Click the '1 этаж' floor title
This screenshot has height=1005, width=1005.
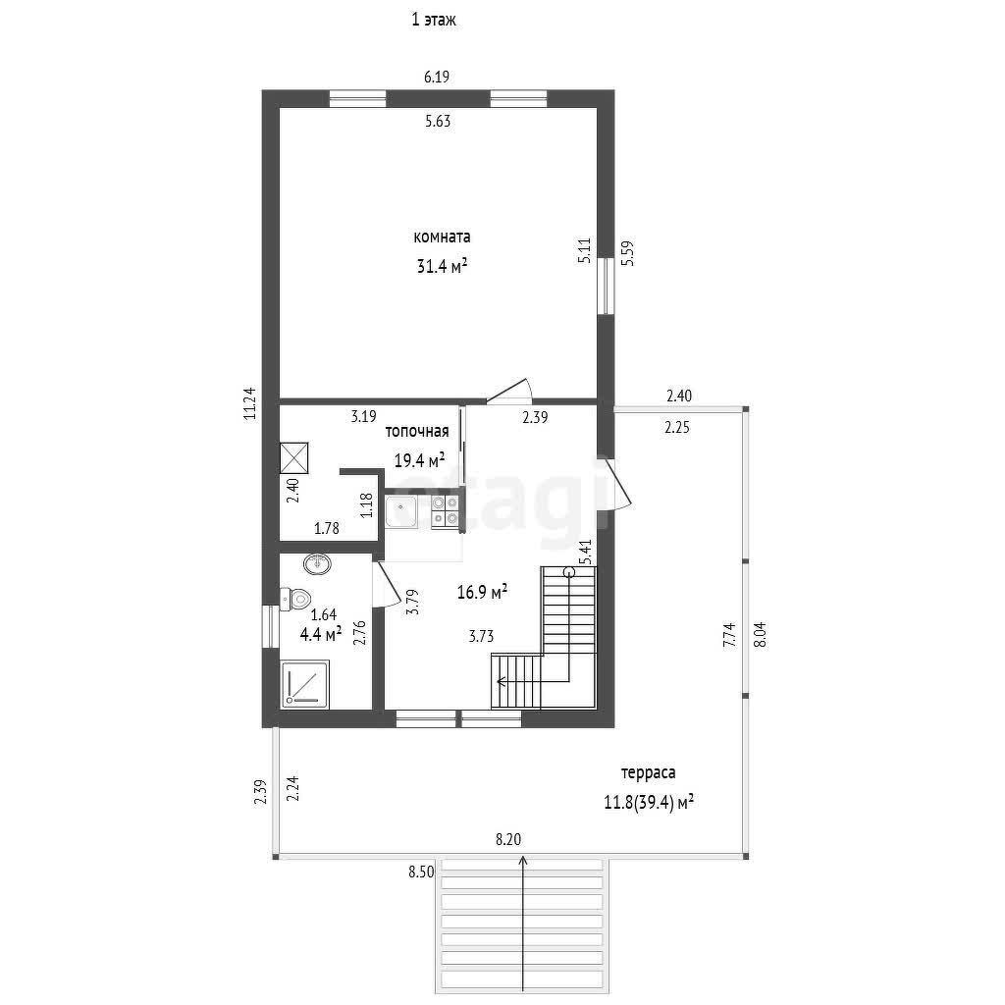point(434,20)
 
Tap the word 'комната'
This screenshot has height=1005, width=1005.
point(442,237)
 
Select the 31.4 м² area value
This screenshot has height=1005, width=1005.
point(442,265)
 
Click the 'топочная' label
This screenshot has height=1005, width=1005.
point(416,432)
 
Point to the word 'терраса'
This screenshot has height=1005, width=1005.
point(648,773)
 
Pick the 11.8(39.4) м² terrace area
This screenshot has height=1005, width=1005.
point(649,802)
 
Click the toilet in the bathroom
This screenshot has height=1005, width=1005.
point(294,599)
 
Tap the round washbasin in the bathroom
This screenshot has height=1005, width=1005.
point(317,564)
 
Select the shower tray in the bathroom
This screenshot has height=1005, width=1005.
point(305,684)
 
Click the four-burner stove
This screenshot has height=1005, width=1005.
point(446,511)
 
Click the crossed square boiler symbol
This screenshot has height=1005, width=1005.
point(294,457)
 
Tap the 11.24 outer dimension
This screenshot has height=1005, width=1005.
point(250,403)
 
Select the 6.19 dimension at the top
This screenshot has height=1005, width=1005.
point(437,77)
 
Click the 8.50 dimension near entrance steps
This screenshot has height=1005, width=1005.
point(421,873)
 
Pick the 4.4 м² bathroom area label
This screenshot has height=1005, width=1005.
point(321,635)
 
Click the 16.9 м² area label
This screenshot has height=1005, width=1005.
point(482,592)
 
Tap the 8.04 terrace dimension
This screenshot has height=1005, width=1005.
point(761,635)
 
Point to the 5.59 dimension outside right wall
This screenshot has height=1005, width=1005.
point(629,253)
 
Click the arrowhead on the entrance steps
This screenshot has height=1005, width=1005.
point(523,860)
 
